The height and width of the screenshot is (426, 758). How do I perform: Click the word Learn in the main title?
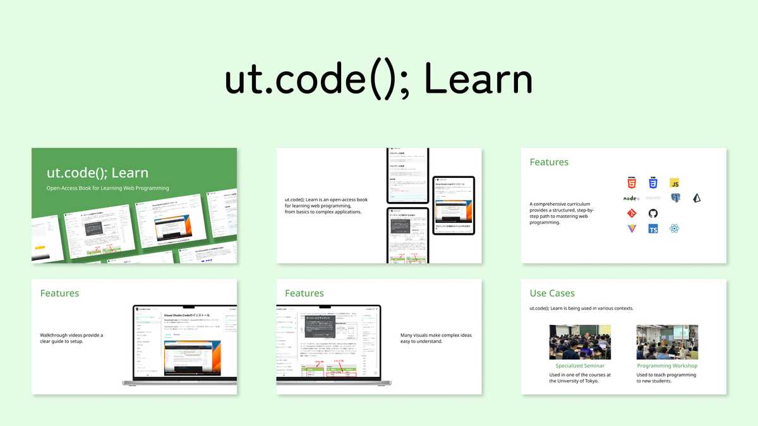478,81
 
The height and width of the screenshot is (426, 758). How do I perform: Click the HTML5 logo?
631,183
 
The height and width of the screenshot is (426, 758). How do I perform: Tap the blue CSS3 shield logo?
653,183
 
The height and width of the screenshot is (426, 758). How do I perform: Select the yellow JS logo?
675,183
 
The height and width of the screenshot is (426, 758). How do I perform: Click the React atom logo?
675,228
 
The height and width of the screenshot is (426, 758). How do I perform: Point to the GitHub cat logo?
653,213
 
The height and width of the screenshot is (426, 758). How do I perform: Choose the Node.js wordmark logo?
632,198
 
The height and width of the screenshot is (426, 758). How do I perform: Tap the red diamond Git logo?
631,213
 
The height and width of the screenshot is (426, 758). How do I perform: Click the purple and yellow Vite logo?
631,228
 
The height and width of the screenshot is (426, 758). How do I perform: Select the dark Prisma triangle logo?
697,198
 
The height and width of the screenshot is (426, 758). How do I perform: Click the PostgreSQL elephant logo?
675,198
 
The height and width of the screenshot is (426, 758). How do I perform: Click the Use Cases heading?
552,293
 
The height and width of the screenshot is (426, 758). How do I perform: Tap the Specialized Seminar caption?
580,365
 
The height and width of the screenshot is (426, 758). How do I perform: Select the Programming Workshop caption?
667,365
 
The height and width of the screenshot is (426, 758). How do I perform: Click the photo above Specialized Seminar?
580,342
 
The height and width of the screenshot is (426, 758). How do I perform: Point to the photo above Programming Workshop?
667,342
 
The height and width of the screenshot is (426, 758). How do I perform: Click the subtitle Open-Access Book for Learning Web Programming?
108,188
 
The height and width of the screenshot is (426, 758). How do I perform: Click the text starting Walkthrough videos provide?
71,338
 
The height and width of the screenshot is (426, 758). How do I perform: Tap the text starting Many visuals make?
436,338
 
